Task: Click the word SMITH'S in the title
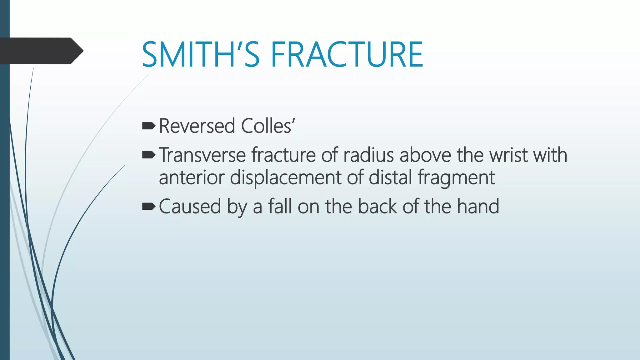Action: click(x=200, y=55)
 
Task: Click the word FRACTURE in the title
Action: click(x=347, y=55)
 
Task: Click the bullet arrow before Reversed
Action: click(x=148, y=126)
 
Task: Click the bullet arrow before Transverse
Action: click(x=148, y=155)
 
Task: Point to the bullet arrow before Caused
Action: click(x=148, y=206)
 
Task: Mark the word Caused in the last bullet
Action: click(x=190, y=207)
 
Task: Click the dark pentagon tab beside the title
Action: click(x=41, y=51)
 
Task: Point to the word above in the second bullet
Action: click(x=425, y=155)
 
